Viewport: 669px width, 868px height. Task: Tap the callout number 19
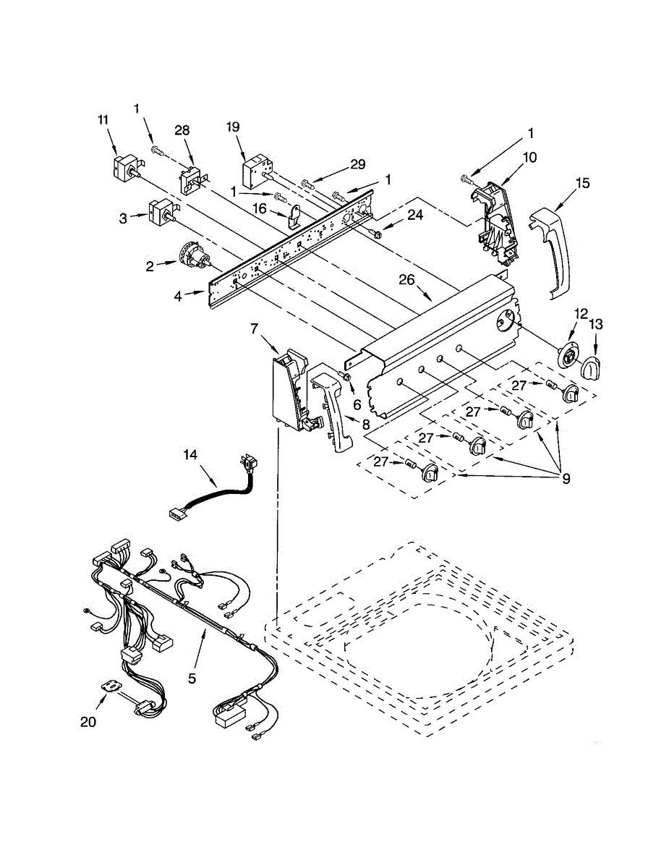pyautogui.click(x=232, y=127)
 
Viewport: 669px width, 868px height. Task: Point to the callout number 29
pyautogui.click(x=358, y=165)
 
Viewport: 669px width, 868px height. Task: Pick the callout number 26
pyautogui.click(x=407, y=279)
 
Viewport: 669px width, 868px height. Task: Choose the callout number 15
pyautogui.click(x=583, y=183)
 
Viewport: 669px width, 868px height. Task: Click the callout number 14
pyautogui.click(x=190, y=454)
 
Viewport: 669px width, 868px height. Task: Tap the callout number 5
pyautogui.click(x=192, y=678)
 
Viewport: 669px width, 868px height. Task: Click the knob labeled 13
pyautogui.click(x=592, y=367)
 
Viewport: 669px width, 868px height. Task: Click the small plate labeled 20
pyautogui.click(x=111, y=686)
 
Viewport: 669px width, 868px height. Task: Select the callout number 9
pyautogui.click(x=566, y=478)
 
